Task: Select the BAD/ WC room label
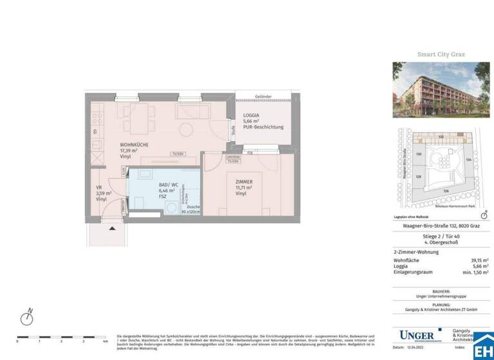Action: pos(169,184)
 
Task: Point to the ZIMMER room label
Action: pos(244,182)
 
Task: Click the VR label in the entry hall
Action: pos(99,188)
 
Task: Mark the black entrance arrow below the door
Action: pos(113,228)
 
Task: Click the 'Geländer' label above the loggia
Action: pos(262,97)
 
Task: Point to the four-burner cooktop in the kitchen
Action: pos(96,118)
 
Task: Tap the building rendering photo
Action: pos(441,90)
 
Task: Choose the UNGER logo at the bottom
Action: pos(417,334)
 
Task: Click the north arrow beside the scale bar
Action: pos(27,318)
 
